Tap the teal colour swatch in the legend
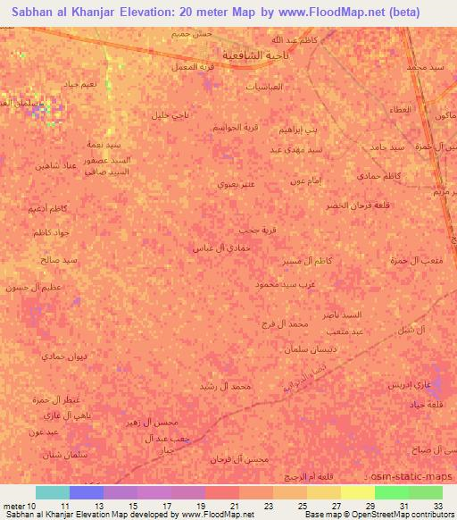point(53,492)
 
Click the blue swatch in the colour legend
point(87,492)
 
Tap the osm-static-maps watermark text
point(418,480)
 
